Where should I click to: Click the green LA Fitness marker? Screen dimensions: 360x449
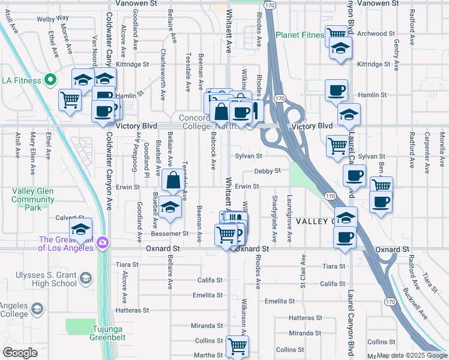pos(50,80)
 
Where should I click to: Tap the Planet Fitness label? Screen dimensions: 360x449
pos(300,35)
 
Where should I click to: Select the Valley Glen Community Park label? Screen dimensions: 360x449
pos(33,199)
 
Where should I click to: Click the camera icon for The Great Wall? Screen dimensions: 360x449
pos(103,242)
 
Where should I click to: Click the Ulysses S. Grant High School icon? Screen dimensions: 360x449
pos(85,278)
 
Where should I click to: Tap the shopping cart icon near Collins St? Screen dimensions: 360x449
pos(237,346)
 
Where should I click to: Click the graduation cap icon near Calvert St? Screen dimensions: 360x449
pos(80,229)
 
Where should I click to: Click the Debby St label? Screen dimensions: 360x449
pos(267,171)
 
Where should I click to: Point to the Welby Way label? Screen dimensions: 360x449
pos(53,19)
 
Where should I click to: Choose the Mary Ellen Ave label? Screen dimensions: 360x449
pos(33,149)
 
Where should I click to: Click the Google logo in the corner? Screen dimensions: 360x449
pos(20,353)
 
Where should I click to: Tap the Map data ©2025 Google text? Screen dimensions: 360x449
pos(411,355)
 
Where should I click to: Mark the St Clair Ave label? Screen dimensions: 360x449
pos(304,271)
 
